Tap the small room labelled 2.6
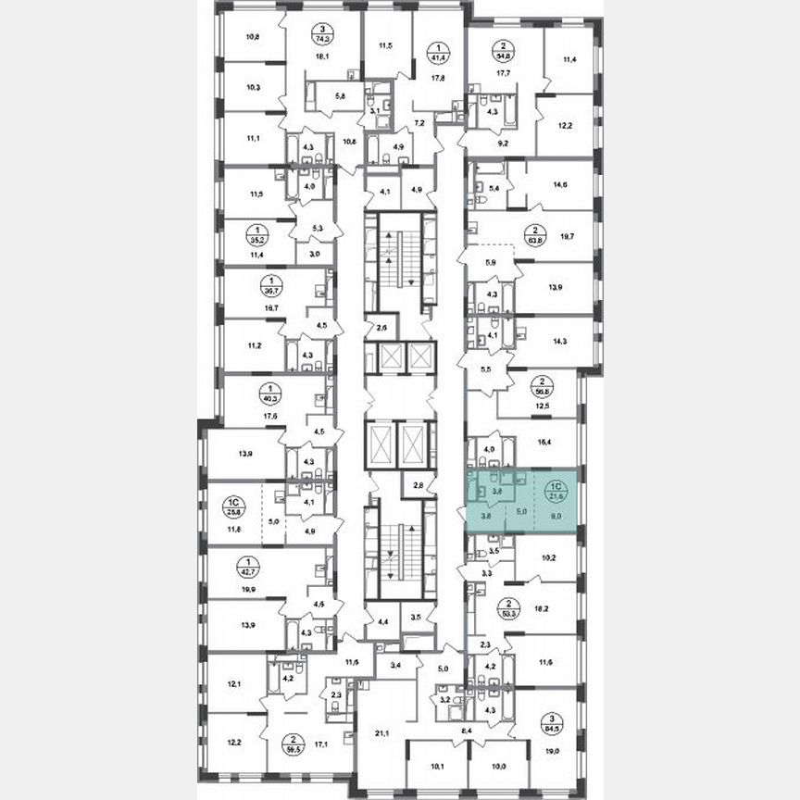coord(381,326)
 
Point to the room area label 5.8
coord(340,95)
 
